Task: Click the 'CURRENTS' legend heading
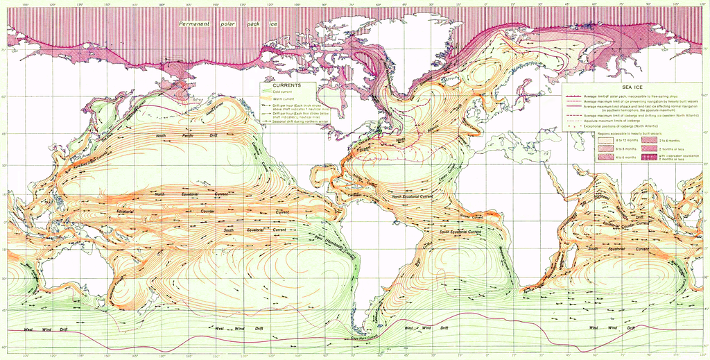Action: pyautogui.click(x=287, y=85)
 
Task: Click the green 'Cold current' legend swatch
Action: pyautogui.click(x=267, y=92)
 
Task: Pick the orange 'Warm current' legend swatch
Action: pyautogui.click(x=267, y=99)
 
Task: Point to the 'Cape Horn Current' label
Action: pyautogui.click(x=367, y=338)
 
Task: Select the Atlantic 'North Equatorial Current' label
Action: pyautogui.click(x=413, y=196)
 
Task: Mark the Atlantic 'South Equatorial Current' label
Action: pyautogui.click(x=465, y=231)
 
